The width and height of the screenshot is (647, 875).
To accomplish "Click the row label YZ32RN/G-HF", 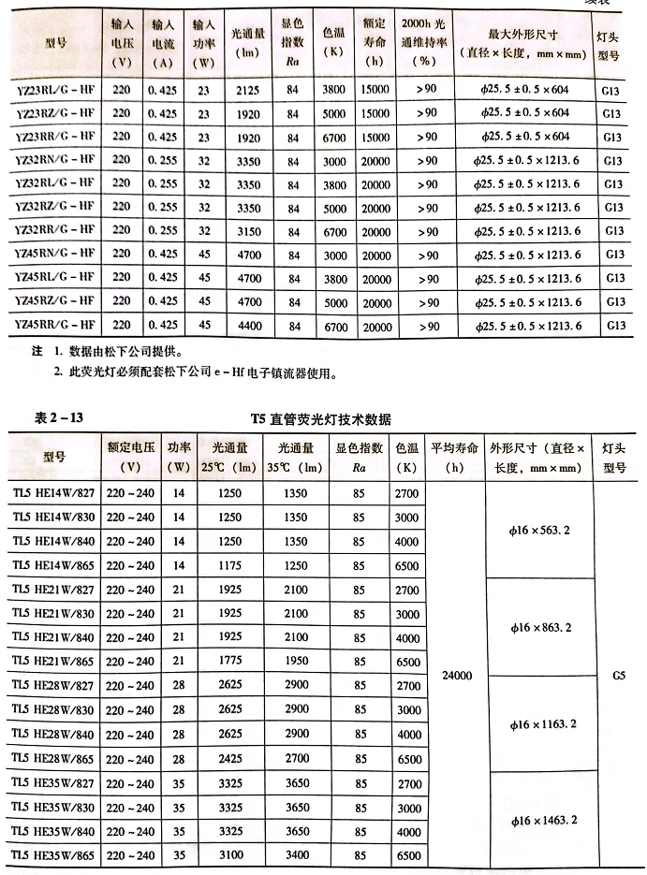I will click(x=55, y=160).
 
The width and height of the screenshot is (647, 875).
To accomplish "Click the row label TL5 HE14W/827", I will click(x=52, y=492).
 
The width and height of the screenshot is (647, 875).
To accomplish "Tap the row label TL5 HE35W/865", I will click(x=52, y=856).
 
